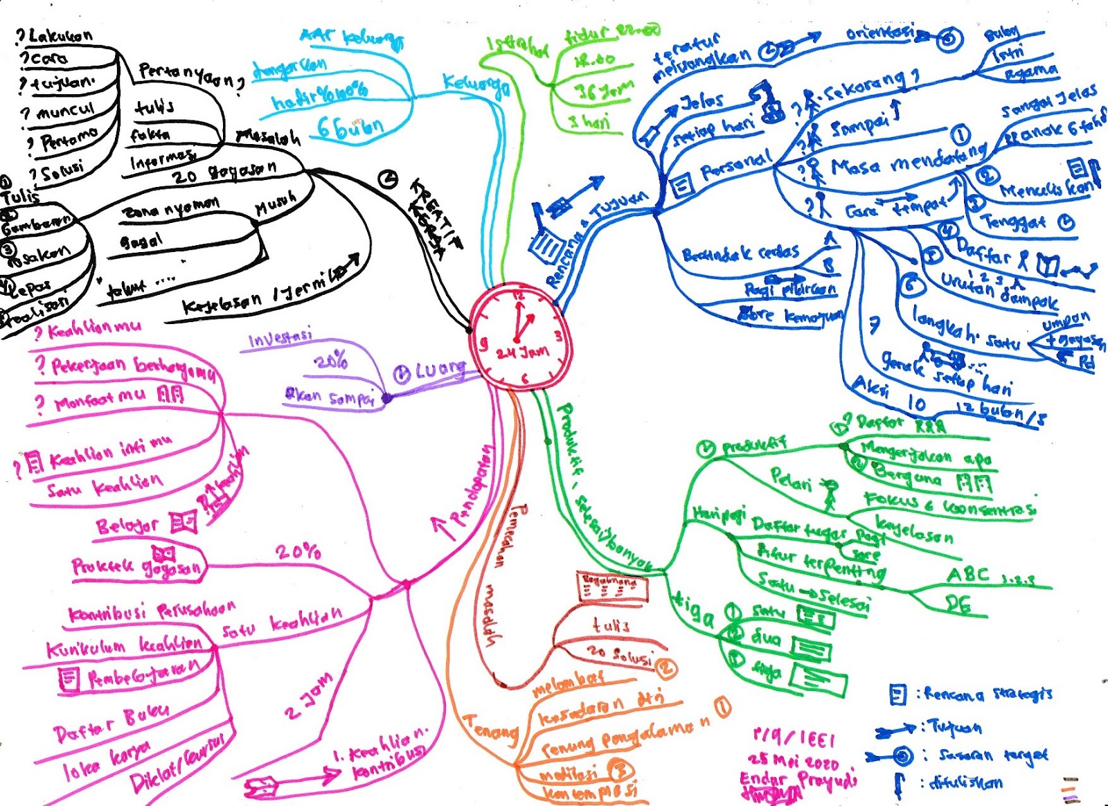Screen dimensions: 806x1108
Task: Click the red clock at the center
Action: (521, 337)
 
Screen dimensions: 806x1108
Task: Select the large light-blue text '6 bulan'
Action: (350, 127)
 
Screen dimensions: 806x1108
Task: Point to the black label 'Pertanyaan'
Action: (190, 75)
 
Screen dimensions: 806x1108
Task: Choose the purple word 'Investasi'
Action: (280, 339)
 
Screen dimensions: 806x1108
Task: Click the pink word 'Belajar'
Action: (128, 526)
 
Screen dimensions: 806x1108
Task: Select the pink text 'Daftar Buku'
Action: (111, 724)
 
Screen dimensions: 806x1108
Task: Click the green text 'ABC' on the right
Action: (968, 574)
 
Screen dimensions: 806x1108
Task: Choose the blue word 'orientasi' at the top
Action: (879, 33)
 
